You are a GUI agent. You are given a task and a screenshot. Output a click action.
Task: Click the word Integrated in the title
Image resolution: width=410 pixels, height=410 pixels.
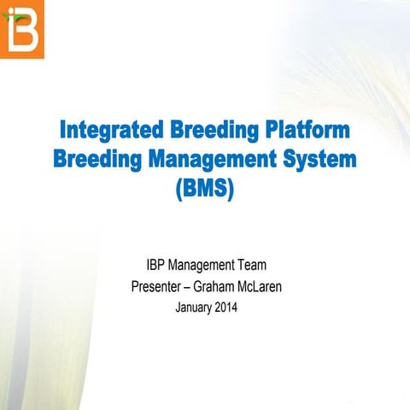tap(110, 132)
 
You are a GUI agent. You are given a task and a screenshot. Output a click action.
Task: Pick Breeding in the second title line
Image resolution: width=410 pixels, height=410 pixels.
tap(94, 160)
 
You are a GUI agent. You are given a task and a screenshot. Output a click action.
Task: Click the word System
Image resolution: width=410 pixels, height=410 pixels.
tap(318, 160)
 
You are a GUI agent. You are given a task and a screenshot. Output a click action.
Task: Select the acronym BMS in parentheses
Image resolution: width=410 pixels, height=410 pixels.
tap(204, 187)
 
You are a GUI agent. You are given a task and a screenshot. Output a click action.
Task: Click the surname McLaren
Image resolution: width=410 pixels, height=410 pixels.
tap(260, 287)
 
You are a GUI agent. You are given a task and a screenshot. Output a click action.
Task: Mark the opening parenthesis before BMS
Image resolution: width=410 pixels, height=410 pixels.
tap(179, 187)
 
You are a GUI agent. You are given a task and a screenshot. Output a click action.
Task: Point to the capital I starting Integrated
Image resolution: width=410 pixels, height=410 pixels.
tap(64, 132)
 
